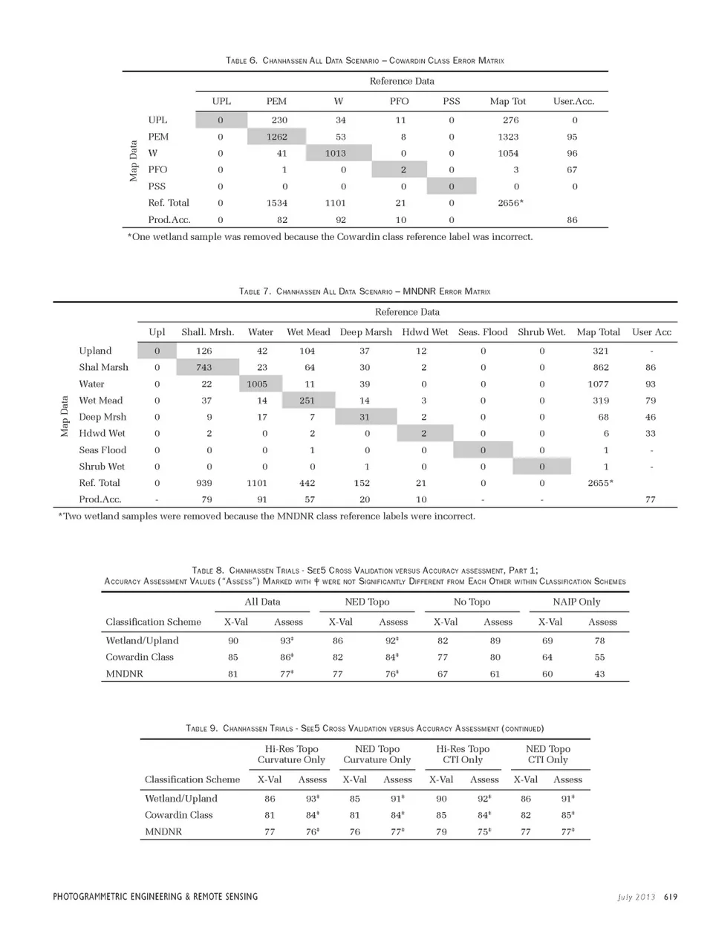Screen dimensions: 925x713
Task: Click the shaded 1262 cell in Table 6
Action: click(x=276, y=137)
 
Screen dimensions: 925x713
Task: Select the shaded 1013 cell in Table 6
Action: click(x=335, y=153)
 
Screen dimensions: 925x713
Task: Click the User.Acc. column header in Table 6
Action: click(x=573, y=101)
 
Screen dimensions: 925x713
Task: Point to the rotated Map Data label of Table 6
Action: click(x=134, y=160)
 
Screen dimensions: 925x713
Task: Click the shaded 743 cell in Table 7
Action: click(x=204, y=367)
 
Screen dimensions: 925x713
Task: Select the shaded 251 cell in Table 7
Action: click(x=307, y=400)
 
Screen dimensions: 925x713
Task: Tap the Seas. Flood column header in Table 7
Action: click(x=483, y=332)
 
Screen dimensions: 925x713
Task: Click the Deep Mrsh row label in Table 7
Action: click(x=102, y=417)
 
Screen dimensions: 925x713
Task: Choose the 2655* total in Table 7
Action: click(x=600, y=483)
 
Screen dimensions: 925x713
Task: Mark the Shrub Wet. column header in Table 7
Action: click(x=541, y=332)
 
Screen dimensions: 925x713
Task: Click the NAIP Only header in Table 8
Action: click(x=576, y=602)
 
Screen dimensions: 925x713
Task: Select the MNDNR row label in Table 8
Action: click(x=124, y=674)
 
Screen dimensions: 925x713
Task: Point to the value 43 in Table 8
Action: click(x=599, y=674)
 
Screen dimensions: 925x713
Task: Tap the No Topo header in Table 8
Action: click(x=472, y=602)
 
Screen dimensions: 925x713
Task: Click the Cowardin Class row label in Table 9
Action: click(x=178, y=815)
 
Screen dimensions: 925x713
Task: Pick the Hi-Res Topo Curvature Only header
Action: click(x=291, y=754)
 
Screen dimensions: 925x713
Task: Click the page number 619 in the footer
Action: click(x=671, y=897)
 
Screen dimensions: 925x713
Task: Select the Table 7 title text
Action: click(x=365, y=291)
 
